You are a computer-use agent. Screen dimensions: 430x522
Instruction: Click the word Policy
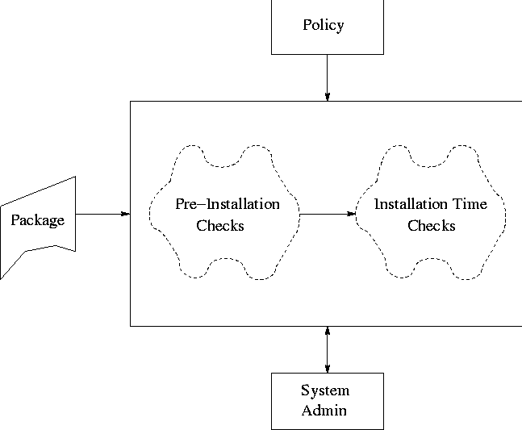(x=324, y=25)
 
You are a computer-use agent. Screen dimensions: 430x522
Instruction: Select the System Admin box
(x=327, y=400)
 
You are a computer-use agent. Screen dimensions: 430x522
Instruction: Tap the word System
(x=325, y=391)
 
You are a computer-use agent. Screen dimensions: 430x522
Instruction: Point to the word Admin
(x=324, y=410)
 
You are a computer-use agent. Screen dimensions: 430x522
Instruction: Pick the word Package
(x=37, y=219)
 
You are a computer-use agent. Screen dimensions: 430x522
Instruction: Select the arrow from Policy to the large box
(x=328, y=77)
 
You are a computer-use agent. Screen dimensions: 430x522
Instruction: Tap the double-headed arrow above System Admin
(x=328, y=349)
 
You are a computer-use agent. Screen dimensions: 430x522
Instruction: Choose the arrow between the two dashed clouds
(x=328, y=214)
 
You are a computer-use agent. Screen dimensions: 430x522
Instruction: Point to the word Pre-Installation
(x=228, y=204)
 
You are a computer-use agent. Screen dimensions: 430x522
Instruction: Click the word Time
(x=470, y=204)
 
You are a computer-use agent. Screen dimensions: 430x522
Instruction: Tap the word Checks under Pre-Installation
(x=220, y=226)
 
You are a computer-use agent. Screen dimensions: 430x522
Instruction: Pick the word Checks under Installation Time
(x=431, y=226)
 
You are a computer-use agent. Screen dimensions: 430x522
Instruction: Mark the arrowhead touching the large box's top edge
(x=328, y=97)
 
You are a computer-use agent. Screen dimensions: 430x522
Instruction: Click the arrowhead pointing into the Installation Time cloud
(x=352, y=214)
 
